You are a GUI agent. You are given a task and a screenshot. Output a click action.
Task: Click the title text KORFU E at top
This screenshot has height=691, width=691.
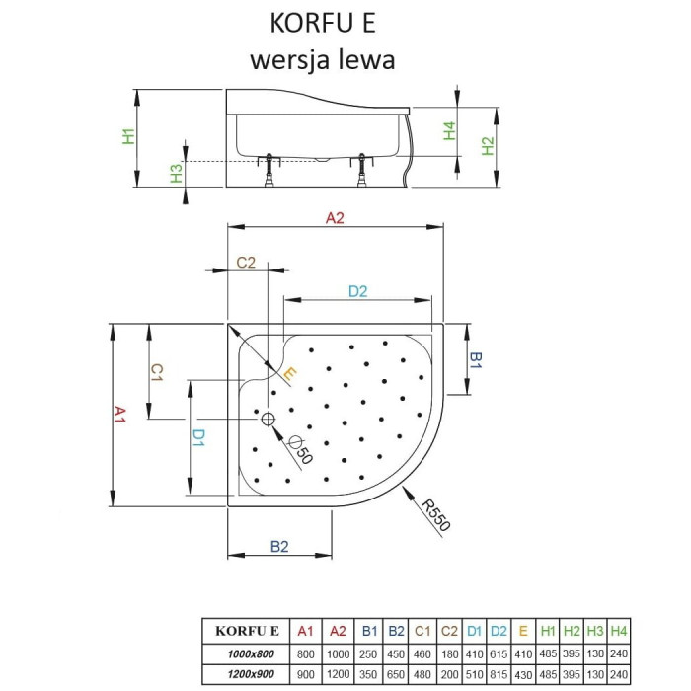coord(323,23)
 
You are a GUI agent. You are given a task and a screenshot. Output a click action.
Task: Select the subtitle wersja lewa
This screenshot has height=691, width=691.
coord(323,60)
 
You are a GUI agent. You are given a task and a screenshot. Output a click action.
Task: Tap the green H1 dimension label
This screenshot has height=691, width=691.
coord(128,136)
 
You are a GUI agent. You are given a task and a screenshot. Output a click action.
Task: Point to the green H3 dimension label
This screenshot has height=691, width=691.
coord(177,173)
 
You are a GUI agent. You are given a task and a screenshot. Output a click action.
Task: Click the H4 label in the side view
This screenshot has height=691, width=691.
coord(449,131)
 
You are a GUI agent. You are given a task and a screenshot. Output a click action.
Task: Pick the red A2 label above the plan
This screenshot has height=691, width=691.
coord(335,218)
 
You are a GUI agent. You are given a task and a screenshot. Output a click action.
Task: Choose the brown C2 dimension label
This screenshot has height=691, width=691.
coord(246,263)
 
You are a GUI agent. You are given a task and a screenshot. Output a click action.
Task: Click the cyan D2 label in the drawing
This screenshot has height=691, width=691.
coord(357,291)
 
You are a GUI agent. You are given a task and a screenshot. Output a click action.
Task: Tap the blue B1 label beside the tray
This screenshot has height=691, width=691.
coord(476,360)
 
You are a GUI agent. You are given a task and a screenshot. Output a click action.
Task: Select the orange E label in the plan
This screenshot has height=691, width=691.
coord(288,374)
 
